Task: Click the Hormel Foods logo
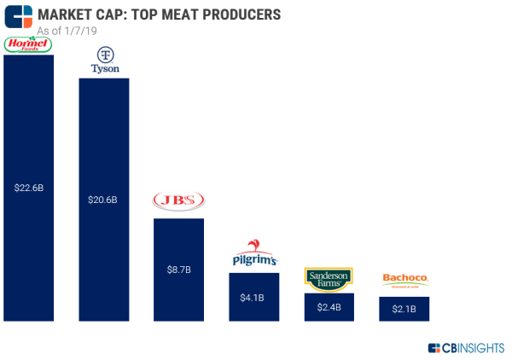[28, 44]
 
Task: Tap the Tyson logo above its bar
[103, 62]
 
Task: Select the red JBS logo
[178, 201]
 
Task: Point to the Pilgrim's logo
[254, 254]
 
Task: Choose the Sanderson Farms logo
[329, 279]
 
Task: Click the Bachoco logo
[404, 279]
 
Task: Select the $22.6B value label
[28, 187]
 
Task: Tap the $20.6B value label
[103, 200]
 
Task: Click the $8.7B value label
[178, 269]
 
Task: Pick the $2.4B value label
[329, 307]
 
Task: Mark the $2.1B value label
[404, 309]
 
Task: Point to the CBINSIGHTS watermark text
[474, 347]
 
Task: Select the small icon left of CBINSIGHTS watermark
[434, 347]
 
